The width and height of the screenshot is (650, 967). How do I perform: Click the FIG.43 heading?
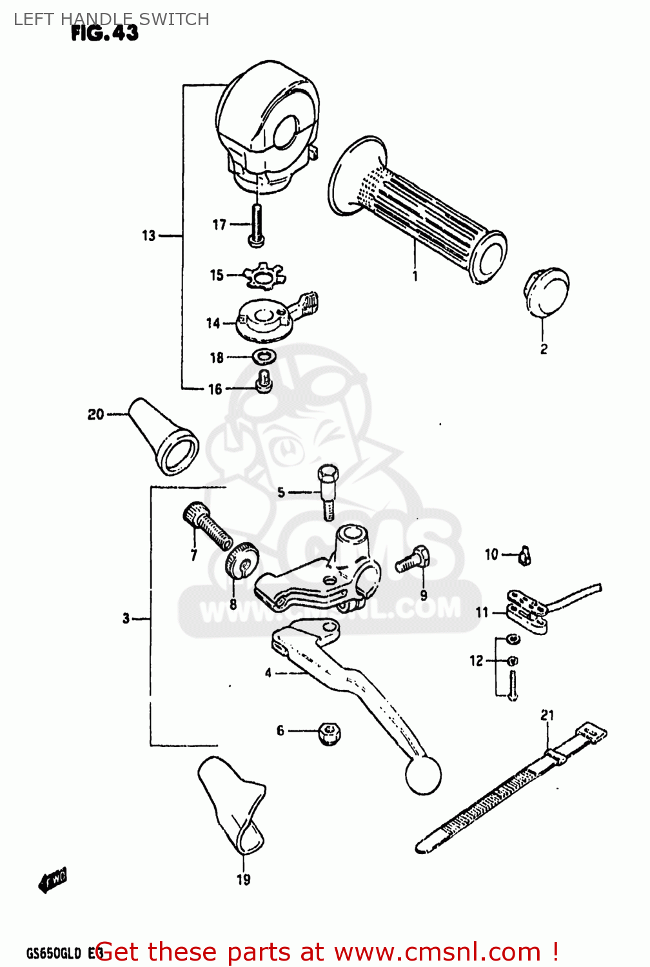point(104,33)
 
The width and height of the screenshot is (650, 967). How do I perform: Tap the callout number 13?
point(149,236)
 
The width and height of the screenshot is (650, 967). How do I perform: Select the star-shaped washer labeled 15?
point(264,276)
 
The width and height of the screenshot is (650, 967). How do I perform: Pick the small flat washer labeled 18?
point(264,356)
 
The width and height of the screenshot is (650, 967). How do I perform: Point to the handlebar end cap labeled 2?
point(546,291)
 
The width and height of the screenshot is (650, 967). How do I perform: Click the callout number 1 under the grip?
point(415,276)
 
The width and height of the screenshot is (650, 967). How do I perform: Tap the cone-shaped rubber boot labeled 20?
point(164,436)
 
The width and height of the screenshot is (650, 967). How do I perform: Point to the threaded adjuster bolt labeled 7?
point(208,525)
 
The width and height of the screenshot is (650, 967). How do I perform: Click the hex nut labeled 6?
point(330,732)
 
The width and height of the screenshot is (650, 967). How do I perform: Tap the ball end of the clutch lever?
point(422,775)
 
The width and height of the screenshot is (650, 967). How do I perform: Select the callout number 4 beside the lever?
point(268,673)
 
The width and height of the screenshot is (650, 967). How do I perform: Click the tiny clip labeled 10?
point(525,555)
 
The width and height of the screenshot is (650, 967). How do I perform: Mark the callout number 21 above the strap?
point(547,715)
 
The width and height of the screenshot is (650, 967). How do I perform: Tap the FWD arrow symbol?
point(53,881)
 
